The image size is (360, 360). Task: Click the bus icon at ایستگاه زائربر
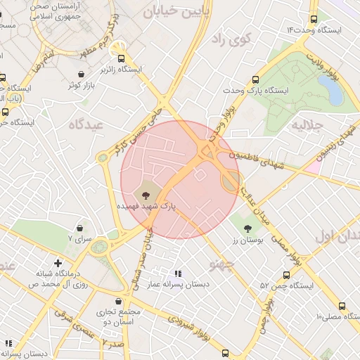tap(122, 59)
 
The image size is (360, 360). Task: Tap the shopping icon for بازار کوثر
tap(82, 74)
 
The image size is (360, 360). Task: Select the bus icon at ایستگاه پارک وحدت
tap(255, 80)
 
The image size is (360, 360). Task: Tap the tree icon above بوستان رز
tap(247, 228)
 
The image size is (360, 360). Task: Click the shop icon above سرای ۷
tap(79, 229)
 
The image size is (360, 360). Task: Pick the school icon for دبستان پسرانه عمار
tap(177, 274)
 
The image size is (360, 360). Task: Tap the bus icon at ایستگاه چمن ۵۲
tap(286, 275)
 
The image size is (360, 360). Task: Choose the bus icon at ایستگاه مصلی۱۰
tap(342, 306)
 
